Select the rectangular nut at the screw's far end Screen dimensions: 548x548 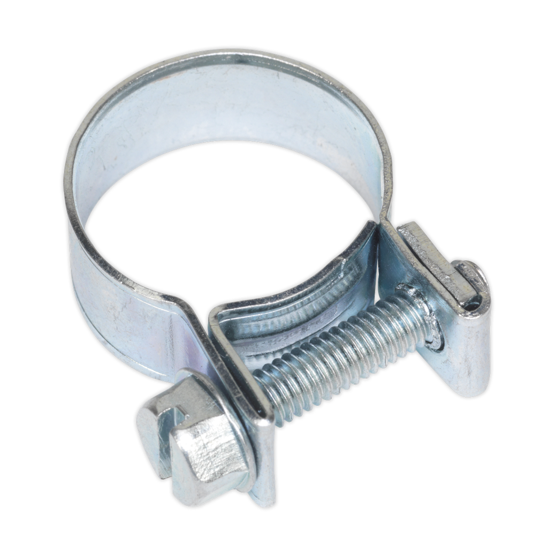pos(460,284)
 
